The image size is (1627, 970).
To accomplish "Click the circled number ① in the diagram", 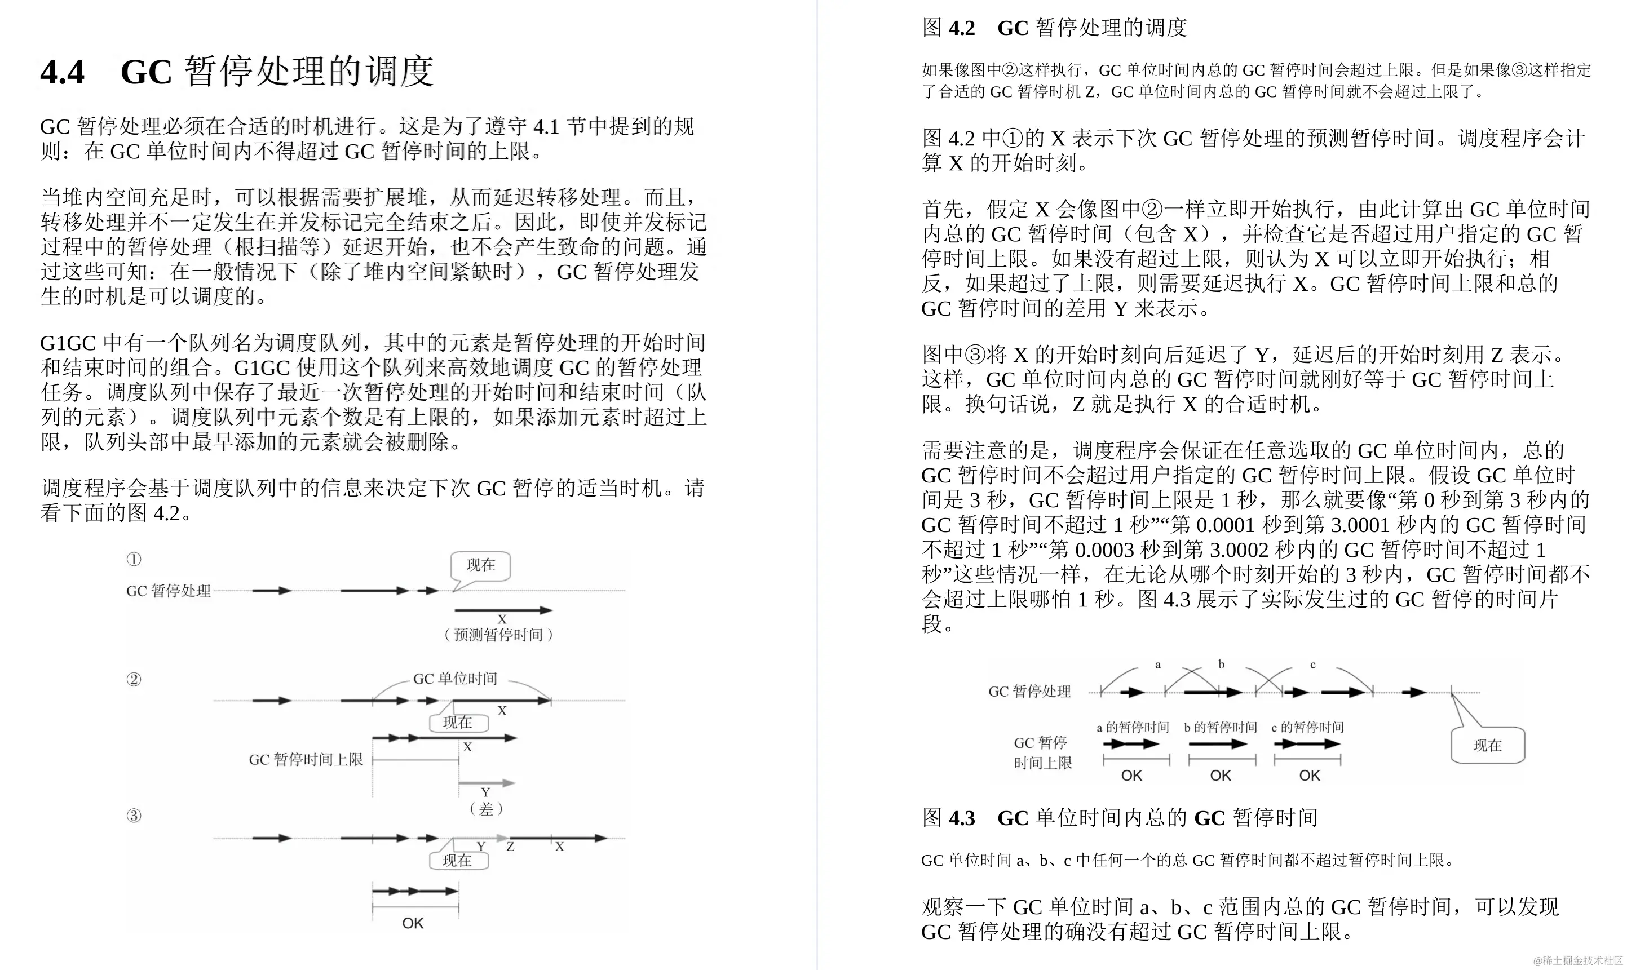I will pyautogui.click(x=134, y=559).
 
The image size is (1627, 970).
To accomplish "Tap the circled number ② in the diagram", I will pyautogui.click(x=134, y=679).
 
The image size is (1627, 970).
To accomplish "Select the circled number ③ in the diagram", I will pyautogui.click(x=134, y=815).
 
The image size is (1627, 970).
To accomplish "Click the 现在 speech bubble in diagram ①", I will pyautogui.click(x=480, y=565).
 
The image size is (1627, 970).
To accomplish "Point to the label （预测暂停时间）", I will pyautogui.click(x=498, y=635).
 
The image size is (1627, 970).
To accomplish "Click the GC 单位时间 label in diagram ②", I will pyautogui.click(x=455, y=679).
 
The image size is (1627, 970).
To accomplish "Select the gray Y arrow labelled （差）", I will pyautogui.click(x=486, y=782).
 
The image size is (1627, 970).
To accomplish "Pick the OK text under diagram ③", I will pyautogui.click(x=413, y=923).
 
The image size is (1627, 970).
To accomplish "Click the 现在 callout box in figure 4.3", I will pyautogui.click(x=1487, y=745).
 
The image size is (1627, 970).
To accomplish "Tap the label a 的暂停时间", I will pyautogui.click(x=1133, y=727).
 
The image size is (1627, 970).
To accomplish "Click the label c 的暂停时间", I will pyautogui.click(x=1307, y=727).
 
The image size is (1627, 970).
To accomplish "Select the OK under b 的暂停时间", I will pyautogui.click(x=1221, y=775).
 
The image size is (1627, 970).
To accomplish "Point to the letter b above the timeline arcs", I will pyautogui.click(x=1221, y=665).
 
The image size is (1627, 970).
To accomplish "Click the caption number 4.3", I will pyautogui.click(x=962, y=818).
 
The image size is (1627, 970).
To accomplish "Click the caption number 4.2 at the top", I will pyautogui.click(x=962, y=28).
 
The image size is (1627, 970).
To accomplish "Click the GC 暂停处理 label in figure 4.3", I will pyautogui.click(x=1029, y=692).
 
